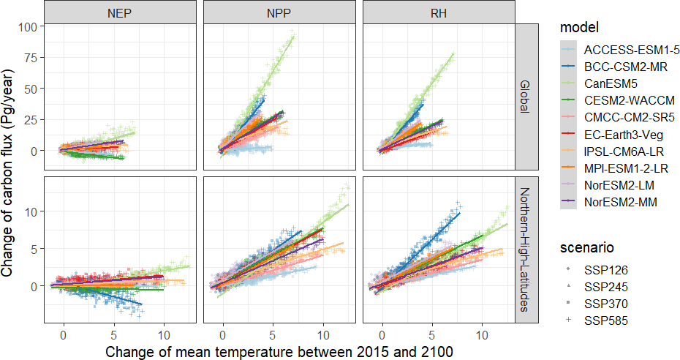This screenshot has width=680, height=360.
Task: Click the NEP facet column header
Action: tap(119, 12)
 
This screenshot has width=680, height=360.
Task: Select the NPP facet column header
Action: tap(278, 12)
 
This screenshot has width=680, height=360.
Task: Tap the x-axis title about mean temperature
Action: tap(279, 351)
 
